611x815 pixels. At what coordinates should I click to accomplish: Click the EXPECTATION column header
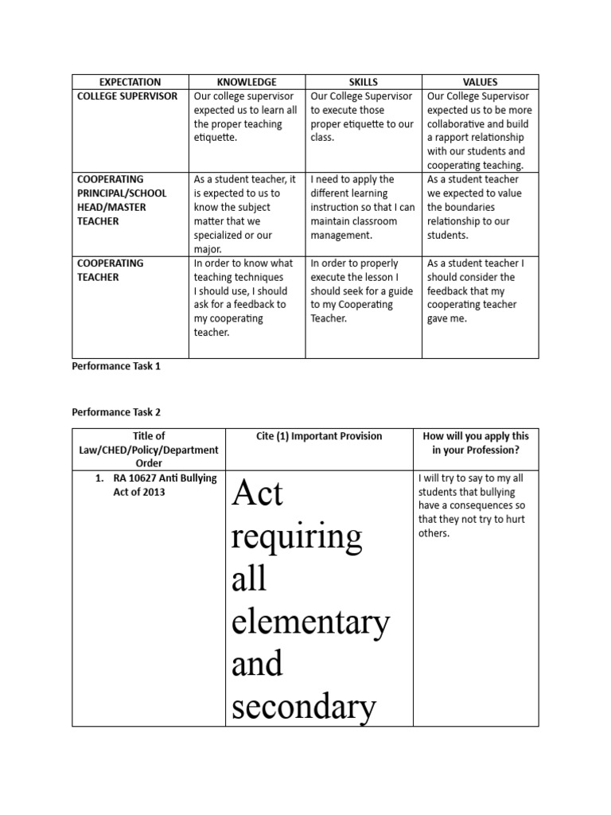click(x=130, y=82)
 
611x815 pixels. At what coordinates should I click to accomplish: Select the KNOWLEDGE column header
click(x=247, y=82)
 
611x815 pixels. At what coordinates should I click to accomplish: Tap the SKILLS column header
click(x=364, y=82)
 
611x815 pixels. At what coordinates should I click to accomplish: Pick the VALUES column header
click(x=480, y=82)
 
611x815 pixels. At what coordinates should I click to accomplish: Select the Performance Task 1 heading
click(x=116, y=368)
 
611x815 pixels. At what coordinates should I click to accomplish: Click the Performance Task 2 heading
click(x=116, y=412)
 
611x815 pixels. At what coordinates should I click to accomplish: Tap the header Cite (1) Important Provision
click(x=319, y=436)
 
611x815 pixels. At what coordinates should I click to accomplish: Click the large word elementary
click(x=310, y=622)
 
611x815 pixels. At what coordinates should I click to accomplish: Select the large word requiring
click(x=296, y=537)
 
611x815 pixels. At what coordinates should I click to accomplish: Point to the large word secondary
click(x=303, y=705)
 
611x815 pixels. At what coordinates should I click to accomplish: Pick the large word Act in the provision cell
click(x=257, y=494)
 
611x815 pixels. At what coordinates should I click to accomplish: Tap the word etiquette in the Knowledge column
click(x=216, y=138)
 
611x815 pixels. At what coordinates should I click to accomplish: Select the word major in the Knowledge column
click(x=209, y=249)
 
